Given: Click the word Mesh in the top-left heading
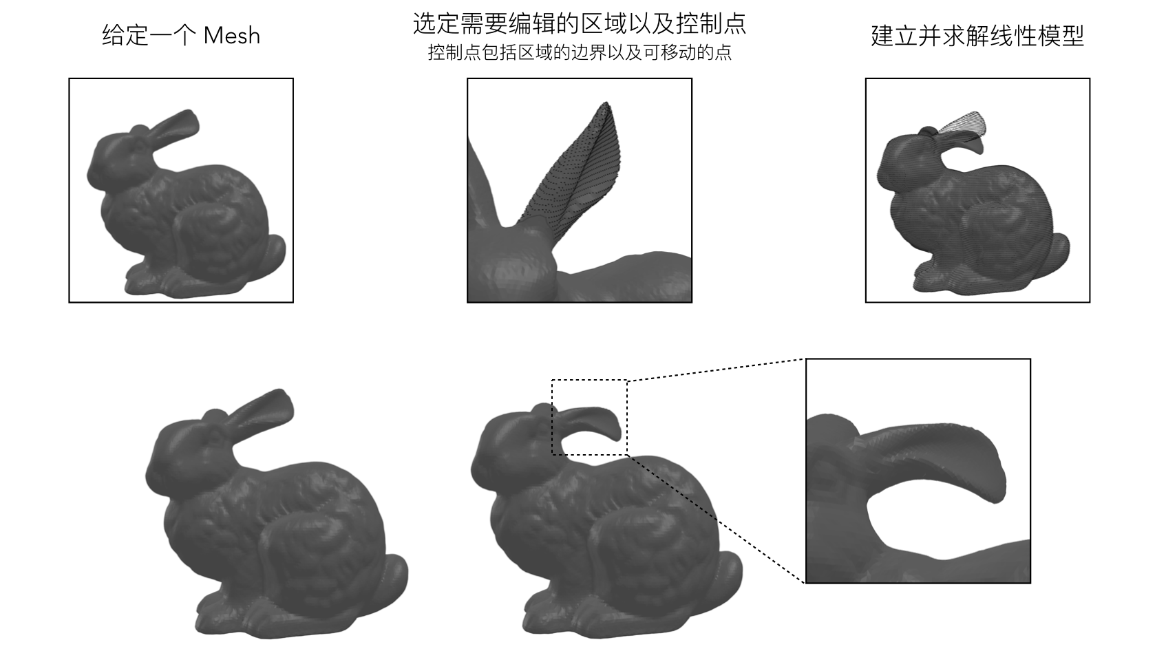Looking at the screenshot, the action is pos(232,36).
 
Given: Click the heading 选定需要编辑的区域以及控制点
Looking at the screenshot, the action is pos(580,23).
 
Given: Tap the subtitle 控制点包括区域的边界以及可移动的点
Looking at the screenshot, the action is pos(580,52).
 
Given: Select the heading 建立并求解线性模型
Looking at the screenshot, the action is pos(977,36).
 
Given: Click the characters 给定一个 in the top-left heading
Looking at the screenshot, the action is pos(149,36).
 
